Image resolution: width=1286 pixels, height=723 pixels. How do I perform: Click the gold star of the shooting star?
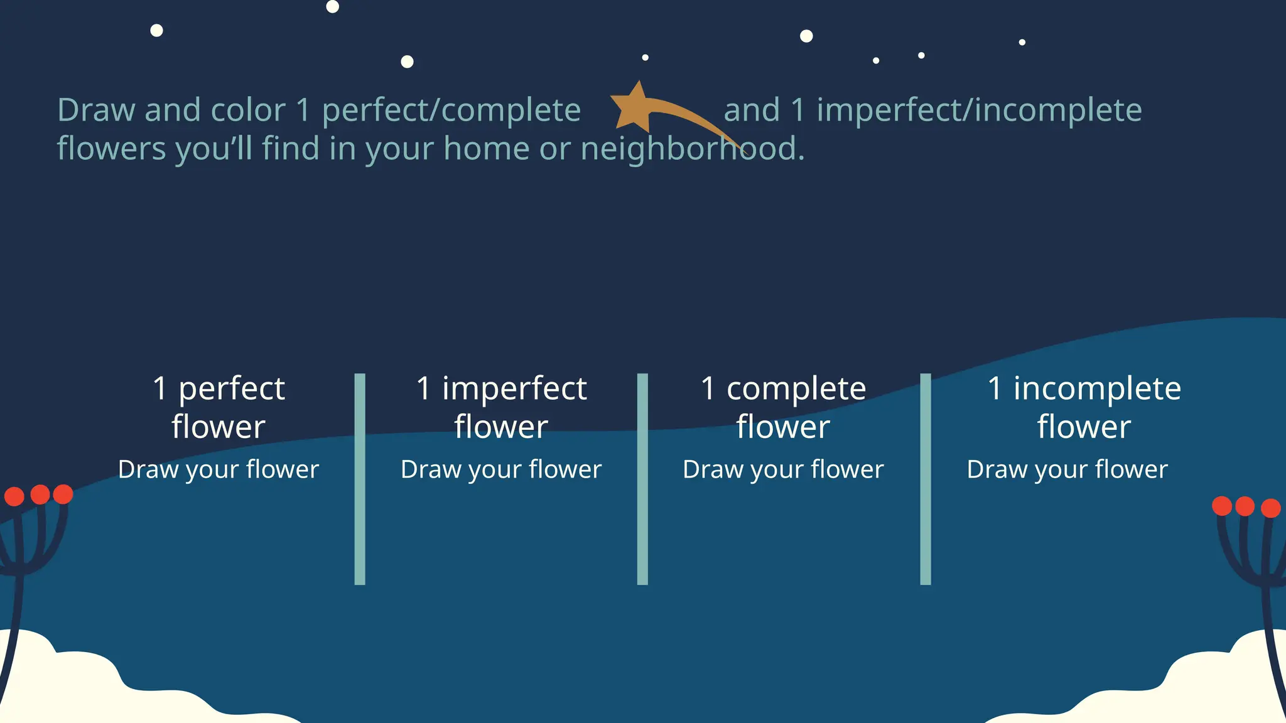coord(634,107)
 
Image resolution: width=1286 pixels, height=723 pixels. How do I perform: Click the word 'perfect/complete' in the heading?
coord(451,110)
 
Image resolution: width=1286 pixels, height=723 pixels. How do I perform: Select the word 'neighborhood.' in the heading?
coord(692,149)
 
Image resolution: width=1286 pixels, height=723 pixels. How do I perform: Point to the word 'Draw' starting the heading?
coord(96,110)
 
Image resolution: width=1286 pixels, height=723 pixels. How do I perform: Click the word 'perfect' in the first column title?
coord(232,388)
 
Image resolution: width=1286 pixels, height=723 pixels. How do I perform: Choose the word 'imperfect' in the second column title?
coord(514,388)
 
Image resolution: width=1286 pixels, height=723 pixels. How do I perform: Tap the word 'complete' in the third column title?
coord(796,388)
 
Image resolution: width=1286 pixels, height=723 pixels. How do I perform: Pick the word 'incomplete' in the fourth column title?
coord(1097,388)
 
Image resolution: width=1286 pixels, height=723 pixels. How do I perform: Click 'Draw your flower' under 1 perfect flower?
coord(219,469)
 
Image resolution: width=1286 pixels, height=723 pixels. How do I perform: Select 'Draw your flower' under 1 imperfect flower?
coord(501,469)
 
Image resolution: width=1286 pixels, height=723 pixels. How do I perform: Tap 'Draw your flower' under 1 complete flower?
coord(783,469)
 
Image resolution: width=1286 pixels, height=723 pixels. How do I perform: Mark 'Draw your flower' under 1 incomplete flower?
coord(1067,469)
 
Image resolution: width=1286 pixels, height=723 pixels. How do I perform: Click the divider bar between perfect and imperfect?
coord(360,479)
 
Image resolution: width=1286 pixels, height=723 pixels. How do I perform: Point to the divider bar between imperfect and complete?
coord(642,479)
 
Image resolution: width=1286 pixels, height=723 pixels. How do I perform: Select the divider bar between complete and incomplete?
coord(926,479)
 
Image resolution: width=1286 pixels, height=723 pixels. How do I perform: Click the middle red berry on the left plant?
coord(40,495)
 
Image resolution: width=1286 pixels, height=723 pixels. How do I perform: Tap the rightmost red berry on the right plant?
coord(1270,508)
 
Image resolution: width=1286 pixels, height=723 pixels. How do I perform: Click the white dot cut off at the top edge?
coord(333,6)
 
